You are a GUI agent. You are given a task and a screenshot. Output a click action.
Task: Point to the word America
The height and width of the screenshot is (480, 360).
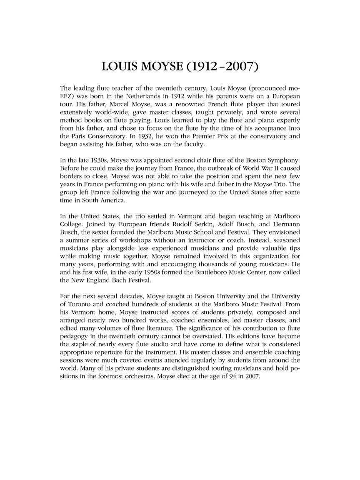click(113, 200)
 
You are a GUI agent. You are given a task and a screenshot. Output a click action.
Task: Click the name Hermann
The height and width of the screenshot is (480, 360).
click(286, 224)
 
